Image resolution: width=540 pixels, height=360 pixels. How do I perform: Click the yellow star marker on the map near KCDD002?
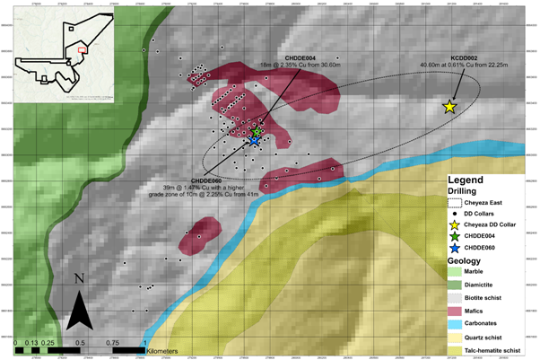(x=449, y=107)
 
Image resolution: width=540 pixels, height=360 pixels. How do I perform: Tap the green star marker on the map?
(x=257, y=133)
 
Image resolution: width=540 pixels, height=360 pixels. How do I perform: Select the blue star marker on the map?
(x=254, y=141)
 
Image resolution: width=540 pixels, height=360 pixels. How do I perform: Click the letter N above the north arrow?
(x=80, y=279)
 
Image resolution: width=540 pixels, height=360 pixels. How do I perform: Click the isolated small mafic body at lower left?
(x=198, y=234)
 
